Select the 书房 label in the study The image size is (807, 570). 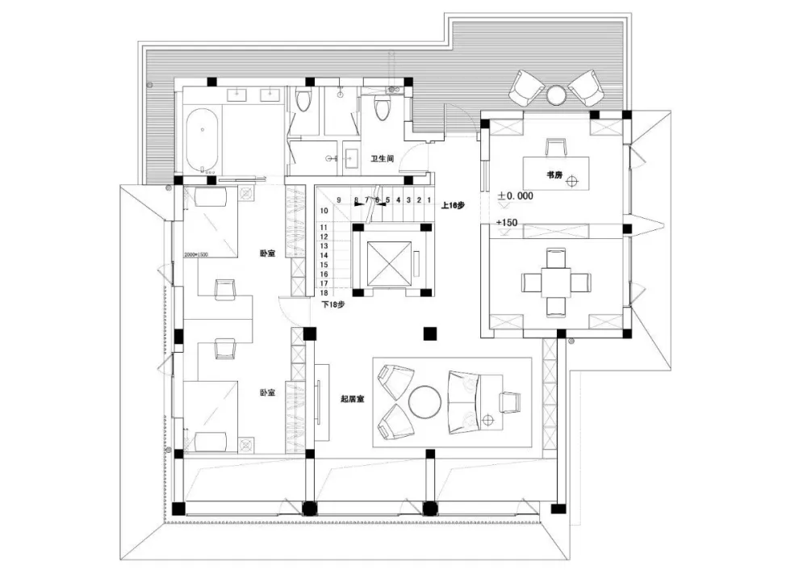pyautogui.click(x=554, y=174)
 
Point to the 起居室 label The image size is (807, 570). pyautogui.click(x=351, y=399)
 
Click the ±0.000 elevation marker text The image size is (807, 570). pyautogui.click(x=516, y=196)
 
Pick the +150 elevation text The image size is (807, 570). pyautogui.click(x=508, y=221)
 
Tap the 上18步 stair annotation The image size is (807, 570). pyautogui.click(x=452, y=206)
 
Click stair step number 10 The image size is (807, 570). pyautogui.click(x=323, y=212)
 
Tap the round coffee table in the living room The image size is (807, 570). pyautogui.click(x=427, y=401)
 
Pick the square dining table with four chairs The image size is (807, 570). pyautogui.click(x=556, y=282)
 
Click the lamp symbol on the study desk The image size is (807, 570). pyautogui.click(x=572, y=182)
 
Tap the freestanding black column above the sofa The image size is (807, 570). pyautogui.click(x=430, y=332)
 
